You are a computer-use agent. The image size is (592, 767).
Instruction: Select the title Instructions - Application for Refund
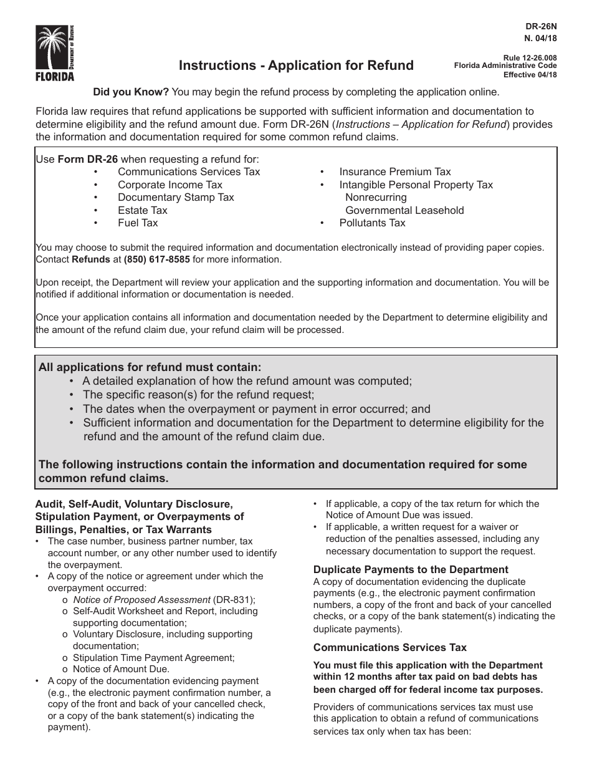pyautogui.click(x=296, y=65)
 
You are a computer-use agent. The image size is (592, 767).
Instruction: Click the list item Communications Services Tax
pyautogui.click(x=189, y=171)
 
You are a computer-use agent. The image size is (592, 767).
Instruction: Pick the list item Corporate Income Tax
pyautogui.click(x=169, y=185)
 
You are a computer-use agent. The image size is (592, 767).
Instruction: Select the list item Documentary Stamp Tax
pyautogui.click(x=176, y=197)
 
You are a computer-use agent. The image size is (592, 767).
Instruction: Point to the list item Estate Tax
pyautogui.click(x=142, y=210)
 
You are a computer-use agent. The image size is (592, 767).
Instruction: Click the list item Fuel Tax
pyautogui.click(x=138, y=223)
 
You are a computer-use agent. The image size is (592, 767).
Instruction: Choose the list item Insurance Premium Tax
pyautogui.click(x=394, y=171)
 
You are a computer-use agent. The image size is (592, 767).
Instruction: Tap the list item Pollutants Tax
pyautogui.click(x=372, y=223)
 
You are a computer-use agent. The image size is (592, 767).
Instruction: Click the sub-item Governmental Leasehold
pyautogui.click(x=404, y=210)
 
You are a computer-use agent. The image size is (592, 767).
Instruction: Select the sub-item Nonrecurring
pyautogui.click(x=376, y=197)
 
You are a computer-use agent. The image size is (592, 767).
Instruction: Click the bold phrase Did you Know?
pyautogui.click(x=131, y=92)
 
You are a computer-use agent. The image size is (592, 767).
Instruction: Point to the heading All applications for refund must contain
pyautogui.click(x=150, y=367)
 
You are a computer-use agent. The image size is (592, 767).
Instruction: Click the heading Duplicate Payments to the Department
pyautogui.click(x=411, y=569)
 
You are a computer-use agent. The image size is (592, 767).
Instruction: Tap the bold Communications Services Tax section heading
pyautogui.click(x=389, y=647)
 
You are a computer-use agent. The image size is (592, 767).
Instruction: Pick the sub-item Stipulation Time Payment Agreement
pyautogui.click(x=153, y=657)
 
